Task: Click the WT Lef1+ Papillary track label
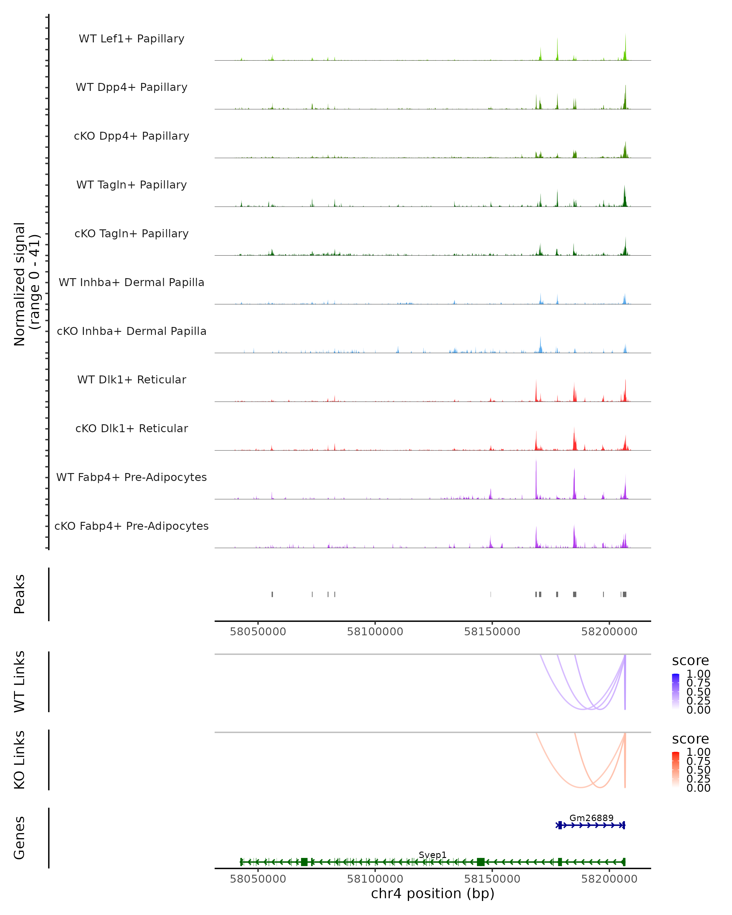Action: (131, 39)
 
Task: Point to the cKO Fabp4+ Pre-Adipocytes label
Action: (131, 526)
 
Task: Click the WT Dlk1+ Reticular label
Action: (131, 379)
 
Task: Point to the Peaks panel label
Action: (20, 594)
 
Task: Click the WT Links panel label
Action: (20, 682)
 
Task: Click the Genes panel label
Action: (20, 838)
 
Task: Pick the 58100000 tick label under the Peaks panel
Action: (375, 632)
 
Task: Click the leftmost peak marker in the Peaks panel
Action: (272, 594)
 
